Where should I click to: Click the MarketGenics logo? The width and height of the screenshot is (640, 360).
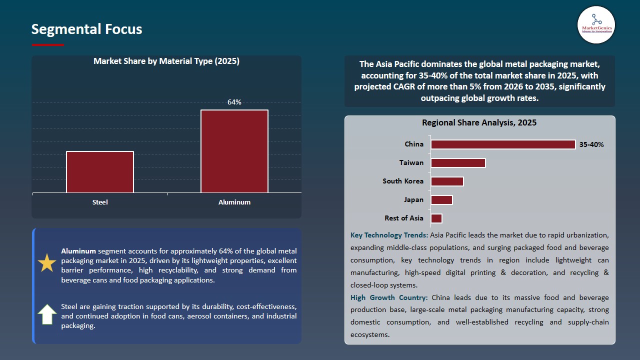[596, 24]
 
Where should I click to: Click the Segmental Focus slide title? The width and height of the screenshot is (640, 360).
[86, 29]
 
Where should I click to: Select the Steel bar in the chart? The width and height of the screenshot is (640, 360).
[100, 172]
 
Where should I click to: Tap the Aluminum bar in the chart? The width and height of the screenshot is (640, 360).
[234, 151]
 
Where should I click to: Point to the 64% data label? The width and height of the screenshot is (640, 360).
[234, 102]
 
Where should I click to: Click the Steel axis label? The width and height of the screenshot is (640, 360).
[100, 202]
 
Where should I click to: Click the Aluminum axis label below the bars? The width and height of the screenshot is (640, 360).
[234, 202]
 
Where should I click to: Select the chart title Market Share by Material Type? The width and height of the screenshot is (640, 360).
[166, 61]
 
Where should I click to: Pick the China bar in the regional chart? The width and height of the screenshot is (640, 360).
[503, 144]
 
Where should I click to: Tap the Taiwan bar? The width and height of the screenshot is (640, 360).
[458, 163]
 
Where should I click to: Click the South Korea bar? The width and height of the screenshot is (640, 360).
[447, 181]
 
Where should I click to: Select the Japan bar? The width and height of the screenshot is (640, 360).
[441, 200]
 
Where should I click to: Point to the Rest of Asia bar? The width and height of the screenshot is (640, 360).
[436, 218]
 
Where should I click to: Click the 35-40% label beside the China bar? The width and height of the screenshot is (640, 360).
[591, 145]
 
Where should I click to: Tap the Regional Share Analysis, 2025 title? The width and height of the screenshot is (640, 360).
[479, 122]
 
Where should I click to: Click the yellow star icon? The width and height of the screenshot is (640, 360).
[47, 263]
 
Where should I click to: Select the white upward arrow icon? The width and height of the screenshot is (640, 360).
[47, 314]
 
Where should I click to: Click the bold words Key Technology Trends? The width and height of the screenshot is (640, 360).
[389, 235]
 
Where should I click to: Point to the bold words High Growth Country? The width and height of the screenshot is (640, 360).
[389, 297]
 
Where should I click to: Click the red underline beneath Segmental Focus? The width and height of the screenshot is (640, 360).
[48, 45]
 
